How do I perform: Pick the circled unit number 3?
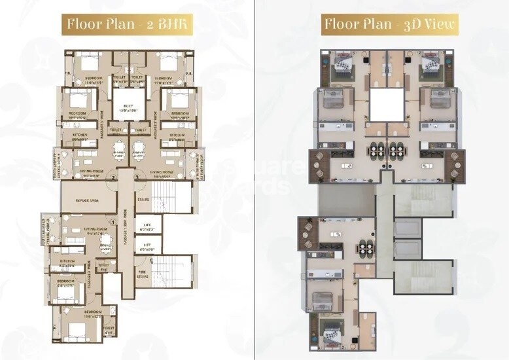[x=136, y=176]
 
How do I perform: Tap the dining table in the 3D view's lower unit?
[x=362, y=249]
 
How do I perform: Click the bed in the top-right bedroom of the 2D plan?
[x=166, y=65]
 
